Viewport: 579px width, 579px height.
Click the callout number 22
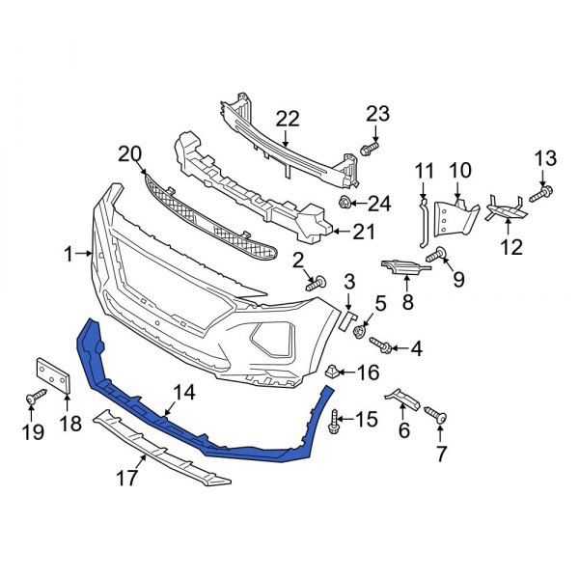[288, 119]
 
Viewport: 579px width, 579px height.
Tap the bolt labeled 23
[369, 150]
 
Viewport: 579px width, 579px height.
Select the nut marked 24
[345, 203]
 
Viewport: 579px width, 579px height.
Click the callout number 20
[129, 153]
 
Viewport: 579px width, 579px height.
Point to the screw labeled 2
[316, 283]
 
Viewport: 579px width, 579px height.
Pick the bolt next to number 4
[378, 345]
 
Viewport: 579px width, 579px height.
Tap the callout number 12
[510, 247]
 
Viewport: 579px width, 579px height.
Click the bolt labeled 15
[334, 420]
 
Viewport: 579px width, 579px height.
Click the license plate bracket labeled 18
[53, 376]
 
